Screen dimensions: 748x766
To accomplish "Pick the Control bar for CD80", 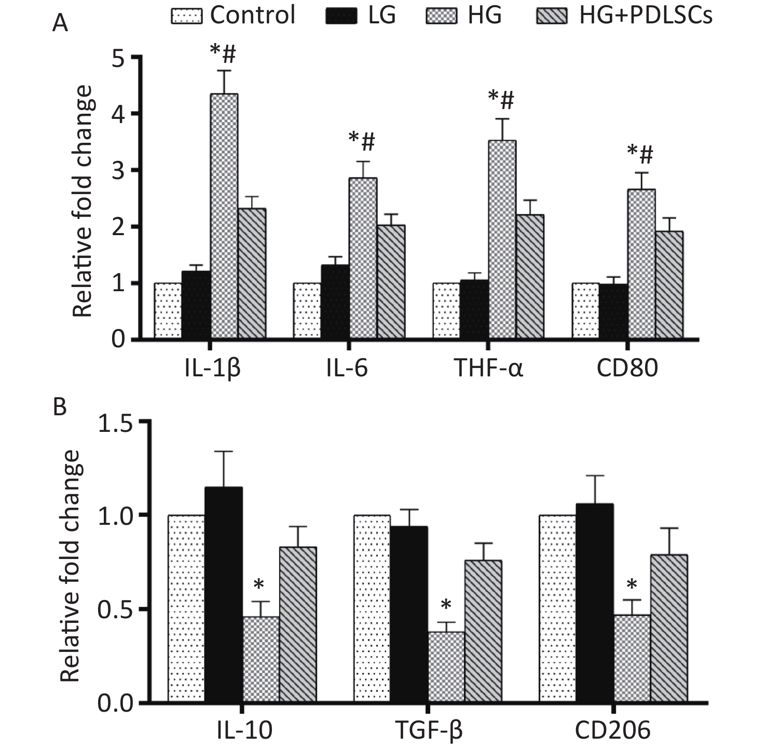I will (585, 311).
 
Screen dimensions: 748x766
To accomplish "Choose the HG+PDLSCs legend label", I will (646, 16).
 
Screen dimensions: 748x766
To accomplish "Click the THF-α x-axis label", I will (489, 369).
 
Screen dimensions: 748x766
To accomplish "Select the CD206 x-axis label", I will (612, 731).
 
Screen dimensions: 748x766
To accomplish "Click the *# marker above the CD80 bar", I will (640, 154).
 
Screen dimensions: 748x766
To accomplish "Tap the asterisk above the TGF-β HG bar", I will (446, 605).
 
